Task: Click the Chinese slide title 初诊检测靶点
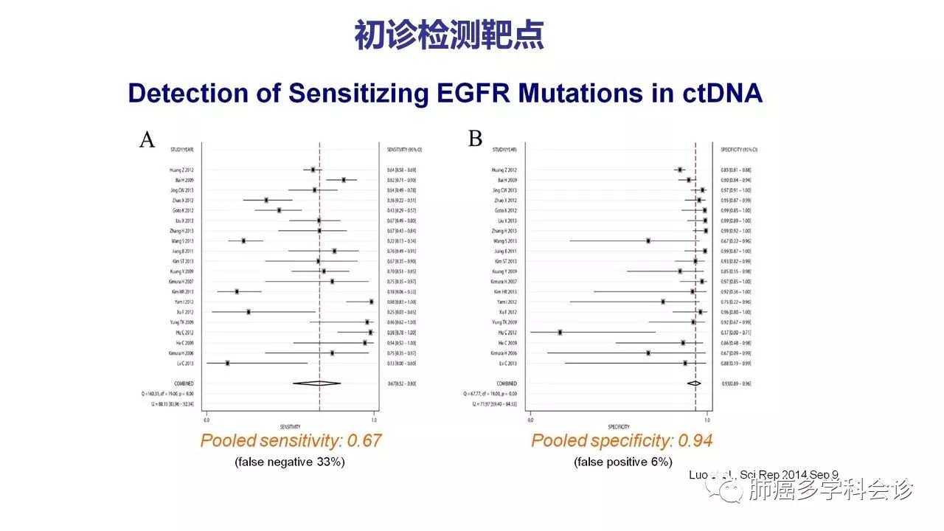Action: [449, 35]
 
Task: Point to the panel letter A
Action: [147, 139]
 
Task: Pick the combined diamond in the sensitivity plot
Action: [317, 383]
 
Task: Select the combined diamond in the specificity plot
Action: [694, 383]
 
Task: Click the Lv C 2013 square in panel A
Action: [227, 363]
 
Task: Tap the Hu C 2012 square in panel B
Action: [560, 333]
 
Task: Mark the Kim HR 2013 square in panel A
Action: [237, 292]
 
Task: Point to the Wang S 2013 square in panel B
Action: [648, 241]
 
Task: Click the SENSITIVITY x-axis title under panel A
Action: [290, 427]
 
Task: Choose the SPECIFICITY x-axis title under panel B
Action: [618, 427]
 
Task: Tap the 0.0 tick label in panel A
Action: [206, 420]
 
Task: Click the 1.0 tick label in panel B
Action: [707, 420]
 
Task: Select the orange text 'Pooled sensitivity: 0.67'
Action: [291, 441]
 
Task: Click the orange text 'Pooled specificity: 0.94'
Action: [622, 441]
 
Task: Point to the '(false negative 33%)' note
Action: [290, 462]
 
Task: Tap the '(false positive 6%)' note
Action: [623, 462]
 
